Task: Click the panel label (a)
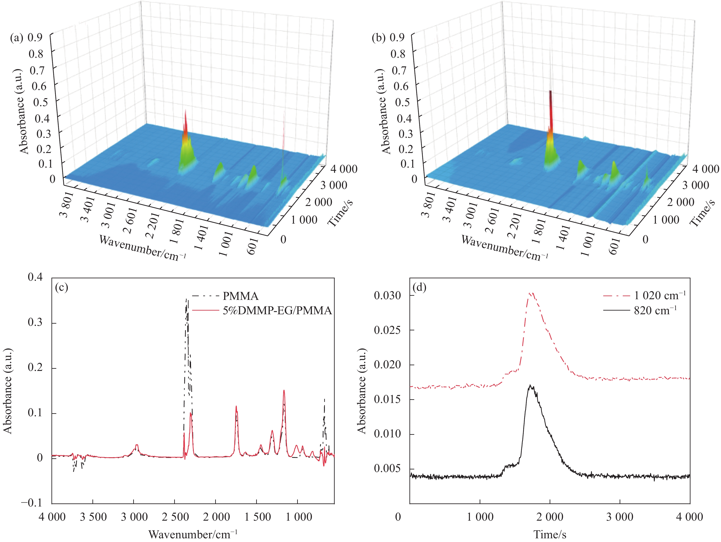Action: pyautogui.click(x=17, y=38)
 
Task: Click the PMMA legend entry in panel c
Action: pyautogui.click(x=240, y=296)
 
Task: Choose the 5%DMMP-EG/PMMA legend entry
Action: pyautogui.click(x=277, y=310)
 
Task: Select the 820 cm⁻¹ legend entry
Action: pyautogui.click(x=655, y=310)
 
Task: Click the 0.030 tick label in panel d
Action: pyautogui.click(x=388, y=296)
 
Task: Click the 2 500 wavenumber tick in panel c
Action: pyautogui.click(x=175, y=517)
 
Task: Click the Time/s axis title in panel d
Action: pyautogui.click(x=550, y=535)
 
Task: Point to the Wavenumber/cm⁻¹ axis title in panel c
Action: pyautogui.click(x=193, y=535)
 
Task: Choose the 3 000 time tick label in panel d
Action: pyautogui.click(x=620, y=517)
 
